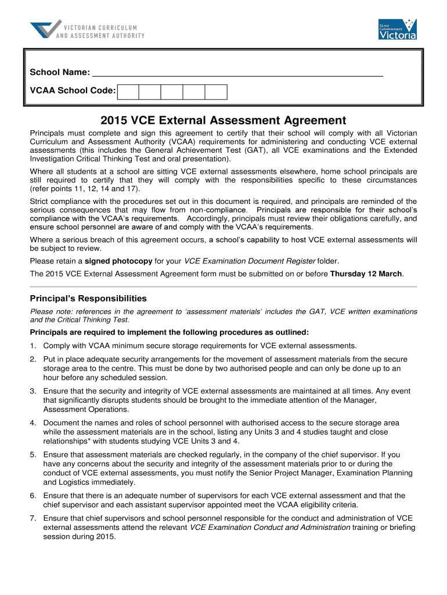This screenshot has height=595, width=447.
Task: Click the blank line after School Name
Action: click(x=238, y=72)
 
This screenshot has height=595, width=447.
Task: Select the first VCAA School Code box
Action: click(x=128, y=92)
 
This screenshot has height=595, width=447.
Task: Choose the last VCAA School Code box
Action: click(x=216, y=92)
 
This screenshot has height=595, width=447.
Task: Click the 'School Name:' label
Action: click(x=60, y=73)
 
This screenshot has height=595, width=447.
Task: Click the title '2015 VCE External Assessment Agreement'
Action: click(x=223, y=120)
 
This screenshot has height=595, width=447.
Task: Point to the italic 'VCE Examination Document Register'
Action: click(x=250, y=261)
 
